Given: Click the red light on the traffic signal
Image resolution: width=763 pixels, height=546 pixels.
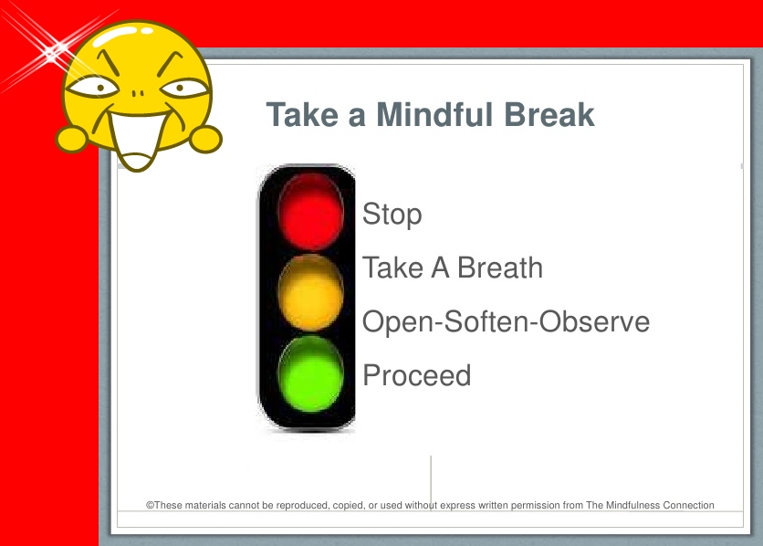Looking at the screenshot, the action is tap(310, 212).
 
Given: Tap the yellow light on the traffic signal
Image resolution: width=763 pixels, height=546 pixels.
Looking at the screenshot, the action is tap(310, 292).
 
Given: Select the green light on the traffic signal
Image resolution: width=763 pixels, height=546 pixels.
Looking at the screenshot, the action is tap(310, 373).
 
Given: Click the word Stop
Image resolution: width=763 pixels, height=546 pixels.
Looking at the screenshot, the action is tap(392, 215).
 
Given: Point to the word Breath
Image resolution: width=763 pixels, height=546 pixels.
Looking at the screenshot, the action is tap(500, 268).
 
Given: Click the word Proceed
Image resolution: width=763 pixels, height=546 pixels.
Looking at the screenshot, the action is tap(417, 375).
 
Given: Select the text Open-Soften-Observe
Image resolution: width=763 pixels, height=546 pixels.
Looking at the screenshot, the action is tap(506, 321).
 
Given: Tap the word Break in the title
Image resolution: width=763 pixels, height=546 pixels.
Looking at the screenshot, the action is tap(549, 115).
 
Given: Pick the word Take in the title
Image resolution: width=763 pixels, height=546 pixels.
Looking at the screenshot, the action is tap(302, 115).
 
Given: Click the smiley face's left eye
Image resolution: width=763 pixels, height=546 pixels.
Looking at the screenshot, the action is tap(92, 88).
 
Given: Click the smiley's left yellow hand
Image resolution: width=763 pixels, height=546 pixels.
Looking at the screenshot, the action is tap(72, 139).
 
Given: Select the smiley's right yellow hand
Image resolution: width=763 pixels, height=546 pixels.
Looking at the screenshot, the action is tap(205, 139).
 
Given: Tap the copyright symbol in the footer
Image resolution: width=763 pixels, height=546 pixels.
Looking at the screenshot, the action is tap(150, 505).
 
